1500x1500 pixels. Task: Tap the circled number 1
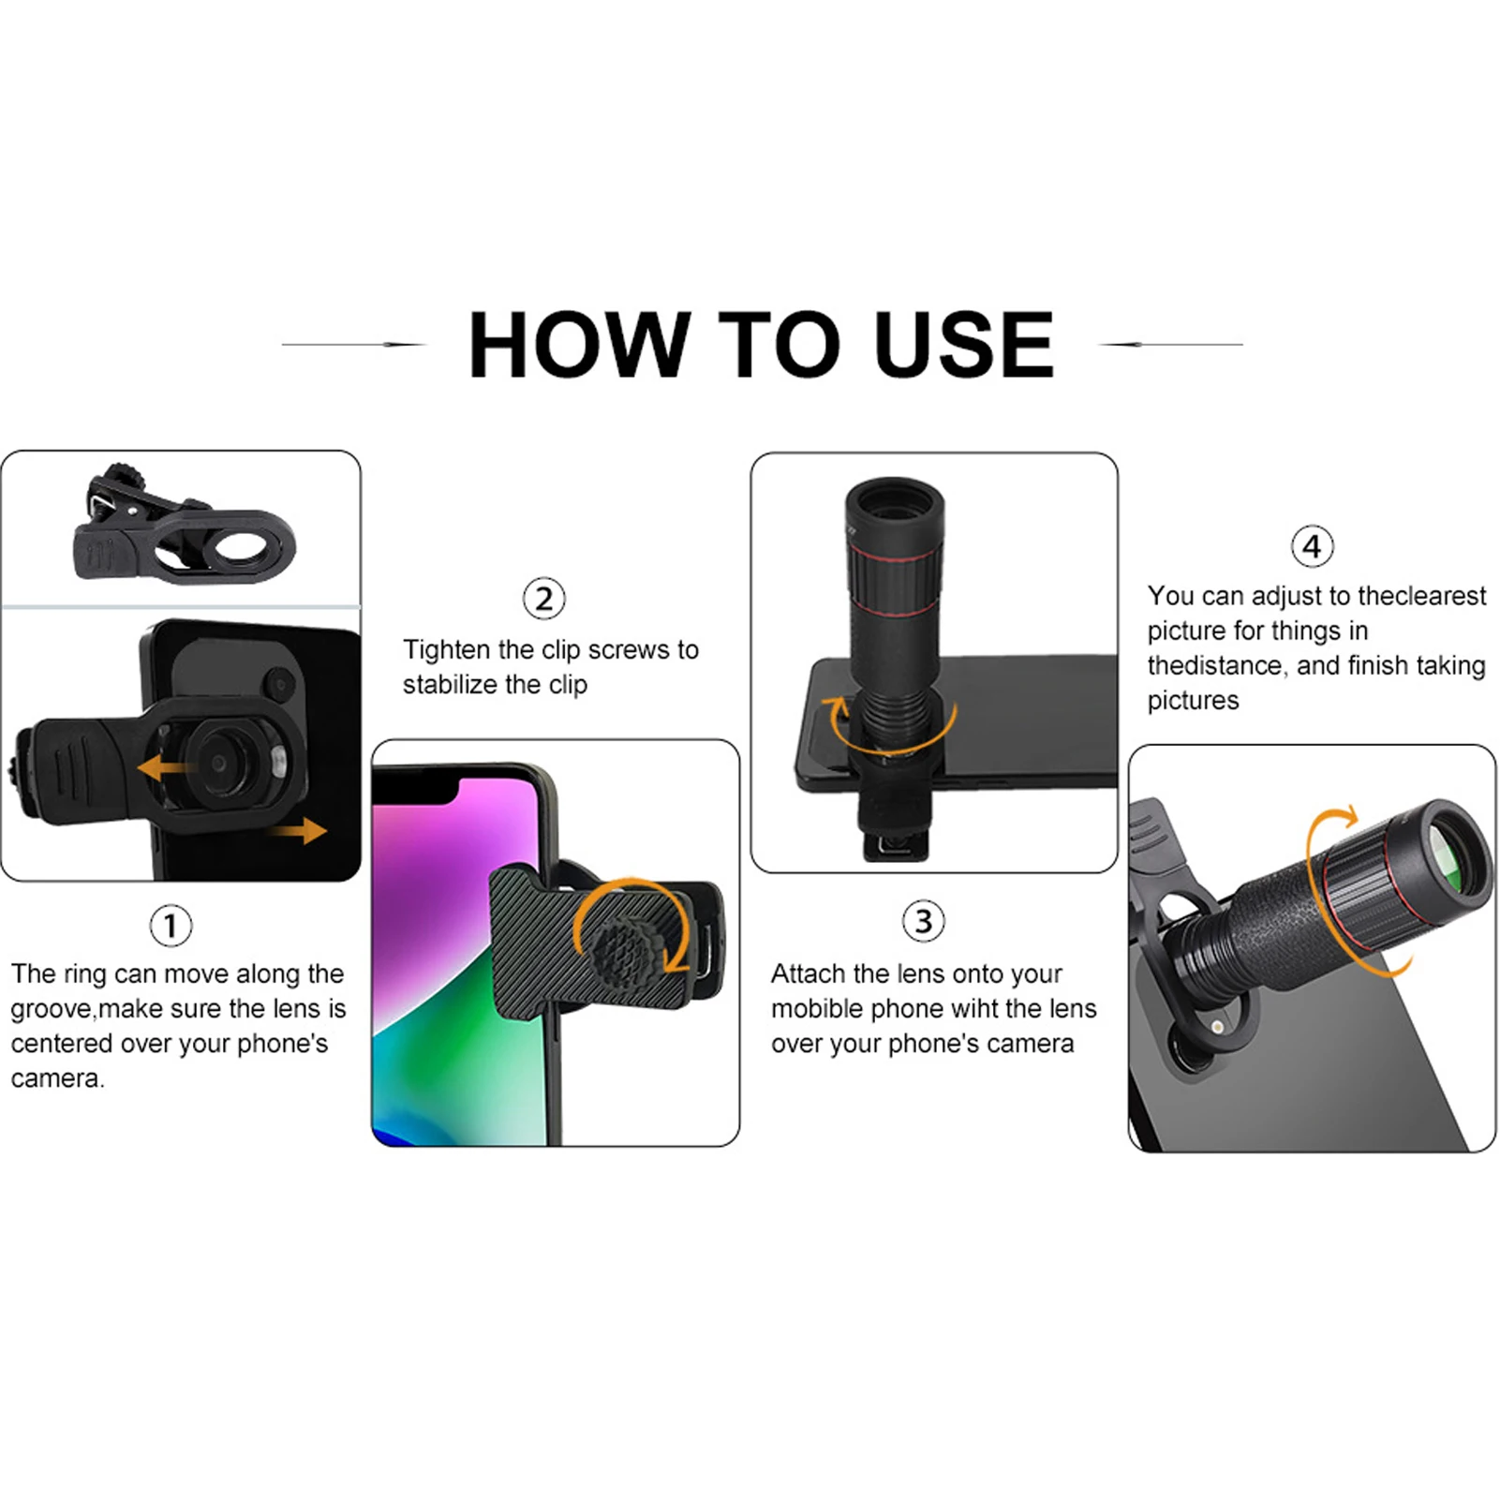(x=171, y=926)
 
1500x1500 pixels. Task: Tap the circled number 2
(x=543, y=599)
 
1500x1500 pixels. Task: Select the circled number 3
(x=923, y=921)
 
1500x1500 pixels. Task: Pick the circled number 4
(x=1312, y=546)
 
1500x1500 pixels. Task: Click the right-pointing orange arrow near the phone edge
(x=303, y=830)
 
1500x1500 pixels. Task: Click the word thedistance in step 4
(x=1214, y=666)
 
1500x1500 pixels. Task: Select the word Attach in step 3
(x=808, y=974)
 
